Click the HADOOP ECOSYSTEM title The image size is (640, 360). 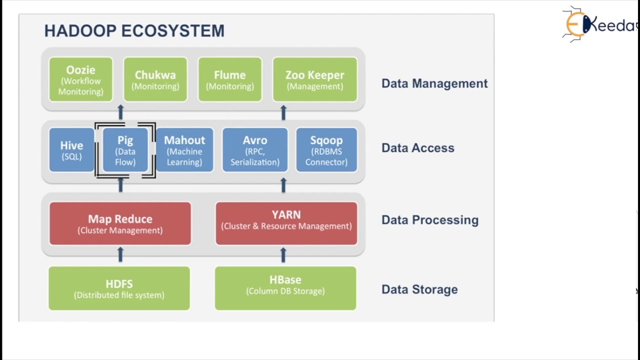134,31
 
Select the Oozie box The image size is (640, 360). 80,80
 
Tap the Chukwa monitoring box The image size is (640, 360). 155,80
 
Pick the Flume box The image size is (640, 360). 230,80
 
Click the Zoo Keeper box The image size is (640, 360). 314,80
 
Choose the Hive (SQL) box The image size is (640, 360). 71,150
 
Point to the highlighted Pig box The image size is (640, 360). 125,150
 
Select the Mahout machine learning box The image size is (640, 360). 184,150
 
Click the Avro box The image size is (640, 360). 255,150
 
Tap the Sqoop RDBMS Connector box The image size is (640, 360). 326,150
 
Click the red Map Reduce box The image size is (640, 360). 120,223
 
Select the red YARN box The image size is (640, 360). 286,223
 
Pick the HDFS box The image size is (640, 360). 119,288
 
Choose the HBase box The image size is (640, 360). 285,288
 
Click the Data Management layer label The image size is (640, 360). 434,83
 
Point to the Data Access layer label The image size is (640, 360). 418,148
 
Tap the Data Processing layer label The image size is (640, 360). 430,220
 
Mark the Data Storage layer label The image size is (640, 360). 419,289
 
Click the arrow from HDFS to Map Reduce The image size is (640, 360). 120,255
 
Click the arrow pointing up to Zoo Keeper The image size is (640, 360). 283,112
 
